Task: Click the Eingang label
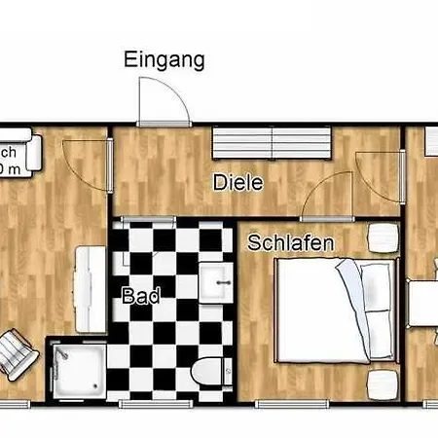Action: (164, 60)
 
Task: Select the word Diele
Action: (237, 182)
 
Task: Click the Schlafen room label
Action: (291, 242)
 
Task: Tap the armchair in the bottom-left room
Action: (18, 355)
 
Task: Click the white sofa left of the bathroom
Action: (91, 289)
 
